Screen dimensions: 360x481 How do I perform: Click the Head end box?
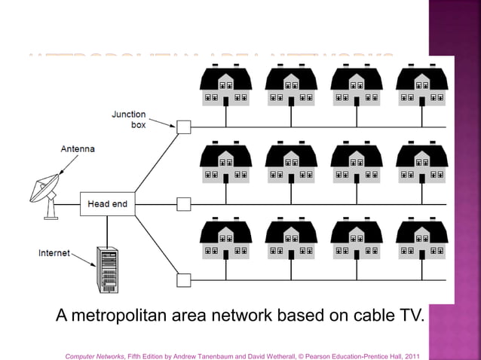(108, 204)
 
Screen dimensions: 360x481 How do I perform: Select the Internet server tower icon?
(107, 270)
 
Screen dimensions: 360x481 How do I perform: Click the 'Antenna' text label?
(78, 149)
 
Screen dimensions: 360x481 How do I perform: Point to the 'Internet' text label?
(54, 253)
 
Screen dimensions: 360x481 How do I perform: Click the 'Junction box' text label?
(129, 120)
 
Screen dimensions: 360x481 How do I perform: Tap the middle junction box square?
(183, 204)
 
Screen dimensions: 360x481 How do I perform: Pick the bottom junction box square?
(183, 280)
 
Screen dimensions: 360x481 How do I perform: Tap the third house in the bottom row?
(356, 239)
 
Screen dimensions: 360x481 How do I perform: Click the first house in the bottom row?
(225, 239)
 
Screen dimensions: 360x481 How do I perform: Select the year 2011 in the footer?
(411, 355)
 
